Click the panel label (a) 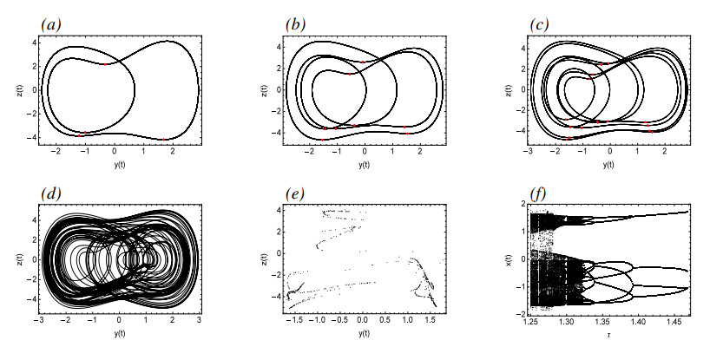click(x=50, y=25)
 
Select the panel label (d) click(x=50, y=193)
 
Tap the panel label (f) click(x=539, y=193)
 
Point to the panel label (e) click(x=295, y=193)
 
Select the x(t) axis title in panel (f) click(x=508, y=260)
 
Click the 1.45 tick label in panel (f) click(x=661, y=323)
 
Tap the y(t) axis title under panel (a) click(x=120, y=165)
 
